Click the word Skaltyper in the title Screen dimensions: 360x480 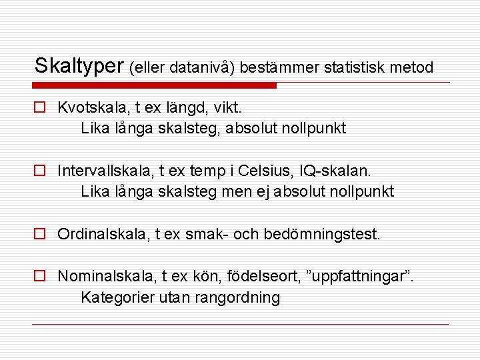(79, 66)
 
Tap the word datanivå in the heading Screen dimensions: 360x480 (201, 67)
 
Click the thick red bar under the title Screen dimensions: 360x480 (155, 85)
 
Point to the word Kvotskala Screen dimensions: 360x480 (88, 107)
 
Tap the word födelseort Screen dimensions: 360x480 (257, 277)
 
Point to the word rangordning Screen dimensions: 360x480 (237, 298)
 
